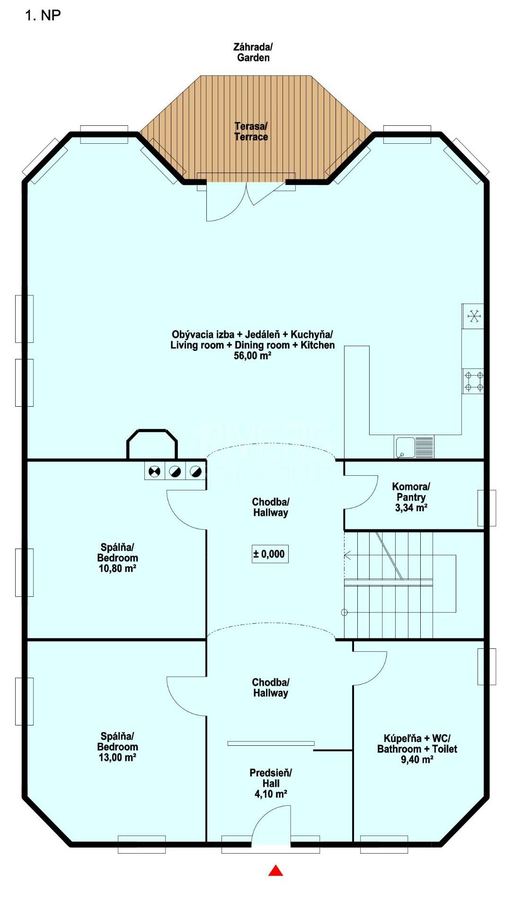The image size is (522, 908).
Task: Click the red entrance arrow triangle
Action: (x=276, y=870)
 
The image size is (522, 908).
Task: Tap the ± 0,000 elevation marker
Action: (x=270, y=554)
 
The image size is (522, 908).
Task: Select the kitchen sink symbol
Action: (x=414, y=447)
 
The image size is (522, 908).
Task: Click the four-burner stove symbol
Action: (x=473, y=381)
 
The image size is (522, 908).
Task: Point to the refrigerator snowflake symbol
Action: (x=474, y=316)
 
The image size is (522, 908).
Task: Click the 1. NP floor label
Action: (x=43, y=15)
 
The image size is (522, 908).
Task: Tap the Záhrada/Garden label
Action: (x=253, y=52)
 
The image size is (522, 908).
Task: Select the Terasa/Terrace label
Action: (x=251, y=131)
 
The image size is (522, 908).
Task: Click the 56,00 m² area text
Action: (x=252, y=356)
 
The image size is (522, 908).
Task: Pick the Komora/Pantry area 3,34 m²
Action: (x=411, y=508)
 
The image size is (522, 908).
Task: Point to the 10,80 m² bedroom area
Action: (x=117, y=568)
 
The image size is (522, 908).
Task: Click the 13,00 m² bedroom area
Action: (x=117, y=757)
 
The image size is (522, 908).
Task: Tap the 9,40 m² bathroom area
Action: (x=417, y=759)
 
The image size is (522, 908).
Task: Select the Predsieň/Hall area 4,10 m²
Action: (x=271, y=794)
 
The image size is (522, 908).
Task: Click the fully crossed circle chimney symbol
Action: (x=154, y=471)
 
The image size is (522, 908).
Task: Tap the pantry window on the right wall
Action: (x=487, y=508)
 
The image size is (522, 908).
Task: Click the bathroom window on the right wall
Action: (x=487, y=666)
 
